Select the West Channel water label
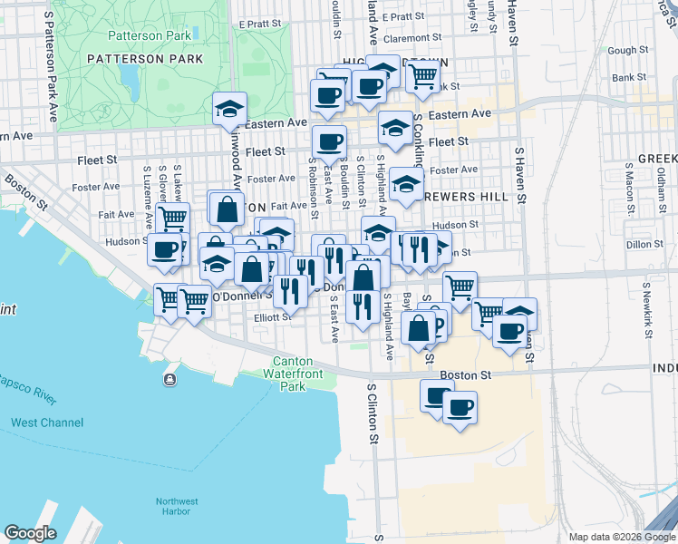(47, 423)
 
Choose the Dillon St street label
(644, 243)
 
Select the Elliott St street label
(271, 317)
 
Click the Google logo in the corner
(31, 533)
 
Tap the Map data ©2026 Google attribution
(620, 537)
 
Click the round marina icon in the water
(169, 378)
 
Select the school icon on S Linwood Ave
(230, 110)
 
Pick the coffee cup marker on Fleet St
(329, 142)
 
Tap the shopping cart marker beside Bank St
(422, 78)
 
